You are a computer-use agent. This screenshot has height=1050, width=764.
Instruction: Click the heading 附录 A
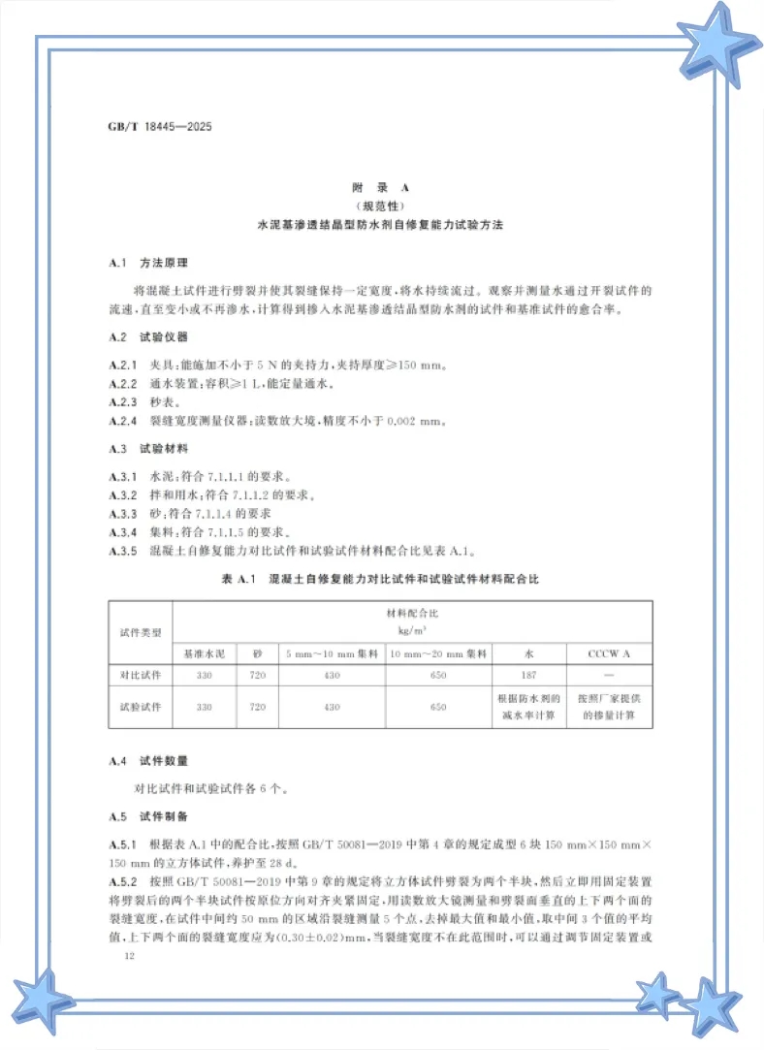[381, 187]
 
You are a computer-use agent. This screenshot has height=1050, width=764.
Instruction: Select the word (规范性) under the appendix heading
[381, 206]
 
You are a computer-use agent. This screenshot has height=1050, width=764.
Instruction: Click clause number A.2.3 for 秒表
[127, 401]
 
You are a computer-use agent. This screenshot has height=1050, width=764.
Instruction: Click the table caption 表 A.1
[236, 579]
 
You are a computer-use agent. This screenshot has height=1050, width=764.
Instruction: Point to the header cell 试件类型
[140, 630]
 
